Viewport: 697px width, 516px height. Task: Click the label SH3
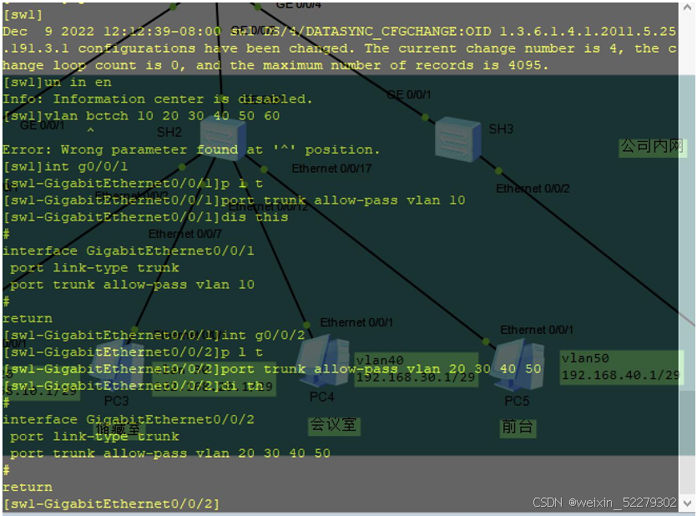coord(501,129)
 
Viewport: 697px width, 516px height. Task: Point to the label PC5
coord(517,402)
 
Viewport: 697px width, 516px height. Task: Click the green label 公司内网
coord(652,147)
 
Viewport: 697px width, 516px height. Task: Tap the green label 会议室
coord(333,424)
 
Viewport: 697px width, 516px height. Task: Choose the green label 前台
coord(518,427)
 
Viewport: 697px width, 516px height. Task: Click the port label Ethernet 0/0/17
coord(331,169)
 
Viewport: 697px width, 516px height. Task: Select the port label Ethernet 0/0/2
coord(533,189)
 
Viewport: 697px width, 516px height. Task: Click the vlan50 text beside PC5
coord(585,358)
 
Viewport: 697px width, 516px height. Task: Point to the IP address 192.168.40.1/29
coord(621,375)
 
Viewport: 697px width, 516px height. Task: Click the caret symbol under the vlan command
coord(90,132)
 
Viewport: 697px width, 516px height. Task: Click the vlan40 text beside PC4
coord(380,361)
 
